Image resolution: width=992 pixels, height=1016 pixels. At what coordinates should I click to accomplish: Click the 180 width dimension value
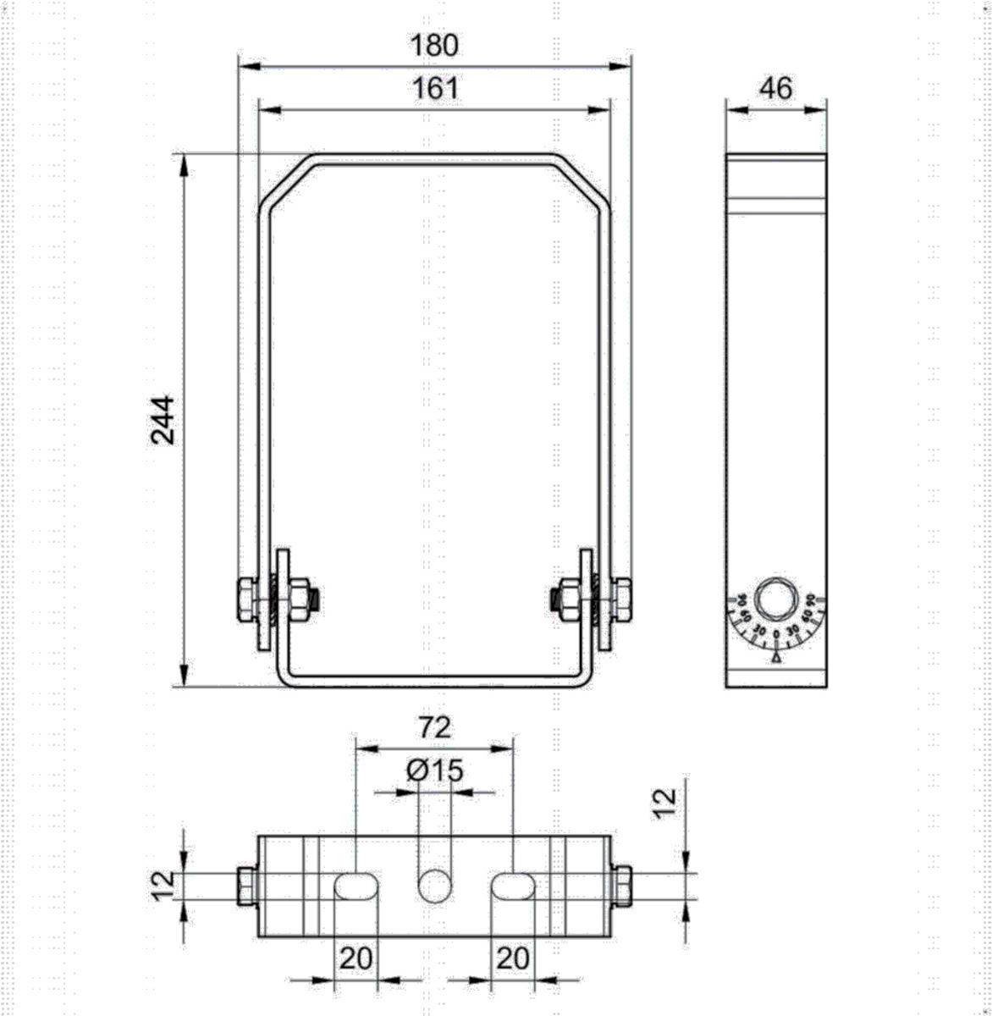(434, 45)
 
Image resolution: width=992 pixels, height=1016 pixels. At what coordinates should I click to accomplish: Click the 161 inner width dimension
(434, 88)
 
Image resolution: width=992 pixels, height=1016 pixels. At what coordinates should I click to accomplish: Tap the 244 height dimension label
(162, 419)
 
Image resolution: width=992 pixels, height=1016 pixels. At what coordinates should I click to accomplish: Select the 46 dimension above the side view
(775, 87)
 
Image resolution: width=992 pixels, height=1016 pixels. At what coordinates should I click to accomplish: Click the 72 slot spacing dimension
(434, 726)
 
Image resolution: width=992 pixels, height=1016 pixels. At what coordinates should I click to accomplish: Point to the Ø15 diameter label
(434, 770)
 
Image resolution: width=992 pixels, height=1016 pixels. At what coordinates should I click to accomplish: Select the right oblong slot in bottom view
(513, 886)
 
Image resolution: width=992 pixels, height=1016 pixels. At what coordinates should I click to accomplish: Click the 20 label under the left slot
(356, 959)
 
